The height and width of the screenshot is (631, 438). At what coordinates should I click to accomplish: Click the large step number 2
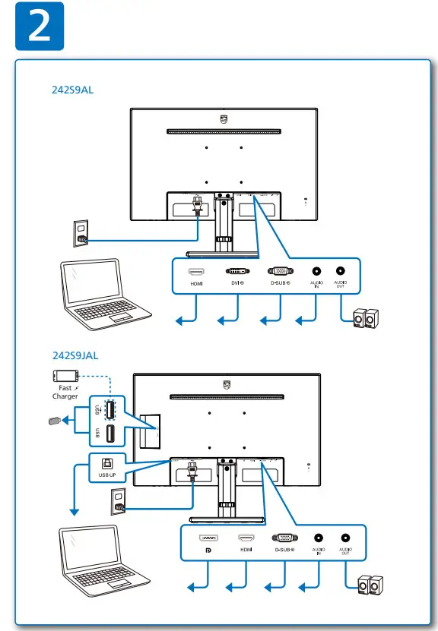(x=38, y=28)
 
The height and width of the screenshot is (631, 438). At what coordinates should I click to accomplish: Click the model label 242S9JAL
(x=75, y=355)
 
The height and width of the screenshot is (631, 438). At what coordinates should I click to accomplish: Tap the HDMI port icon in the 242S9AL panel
(x=196, y=271)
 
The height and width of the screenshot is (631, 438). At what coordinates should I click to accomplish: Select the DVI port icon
(x=237, y=271)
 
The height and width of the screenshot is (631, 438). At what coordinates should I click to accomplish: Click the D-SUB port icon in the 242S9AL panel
(x=278, y=271)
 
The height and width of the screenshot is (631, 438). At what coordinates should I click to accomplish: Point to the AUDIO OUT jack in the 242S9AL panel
(x=339, y=271)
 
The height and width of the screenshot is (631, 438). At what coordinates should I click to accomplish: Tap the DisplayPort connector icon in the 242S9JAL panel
(x=206, y=538)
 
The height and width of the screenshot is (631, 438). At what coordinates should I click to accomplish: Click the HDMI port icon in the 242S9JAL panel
(x=246, y=538)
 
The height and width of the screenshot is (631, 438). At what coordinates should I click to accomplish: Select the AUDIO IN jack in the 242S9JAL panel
(x=318, y=538)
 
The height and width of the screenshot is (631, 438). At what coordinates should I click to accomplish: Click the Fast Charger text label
(x=65, y=392)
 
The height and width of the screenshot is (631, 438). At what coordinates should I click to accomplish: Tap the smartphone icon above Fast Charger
(x=65, y=376)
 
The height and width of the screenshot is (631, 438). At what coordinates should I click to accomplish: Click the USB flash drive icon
(x=52, y=420)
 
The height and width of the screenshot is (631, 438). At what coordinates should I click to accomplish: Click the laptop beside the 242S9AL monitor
(x=103, y=292)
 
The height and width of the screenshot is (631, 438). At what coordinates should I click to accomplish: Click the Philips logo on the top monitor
(x=223, y=119)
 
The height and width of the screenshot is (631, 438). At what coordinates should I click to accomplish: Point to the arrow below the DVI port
(x=227, y=321)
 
